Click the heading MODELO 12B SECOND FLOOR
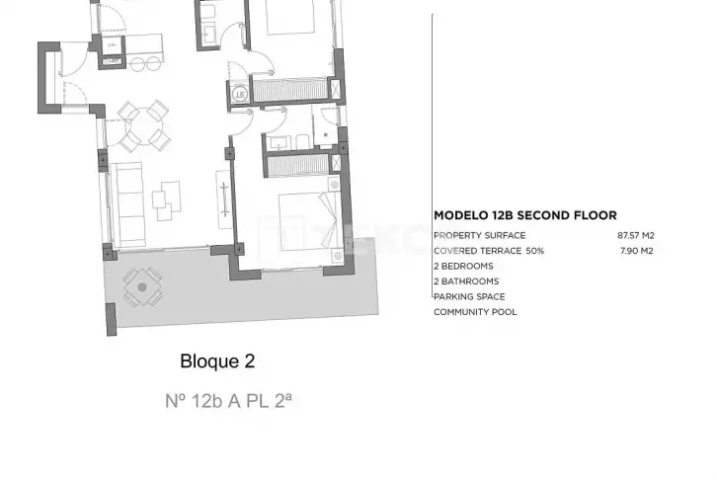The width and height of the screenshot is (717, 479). click(525, 215)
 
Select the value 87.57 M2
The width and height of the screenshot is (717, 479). click(636, 236)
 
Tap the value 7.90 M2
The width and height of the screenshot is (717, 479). click(637, 251)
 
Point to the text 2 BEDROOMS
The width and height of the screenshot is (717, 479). click(463, 267)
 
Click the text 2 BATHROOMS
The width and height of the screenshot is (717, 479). click(466, 281)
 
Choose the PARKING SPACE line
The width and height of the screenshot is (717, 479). click(469, 297)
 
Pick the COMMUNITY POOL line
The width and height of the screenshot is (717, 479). click(475, 312)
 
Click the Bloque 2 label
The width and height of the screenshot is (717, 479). click(217, 361)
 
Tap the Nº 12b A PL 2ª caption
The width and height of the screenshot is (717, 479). click(228, 401)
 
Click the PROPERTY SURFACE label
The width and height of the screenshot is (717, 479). click(480, 236)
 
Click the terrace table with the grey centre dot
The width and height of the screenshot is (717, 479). click(142, 286)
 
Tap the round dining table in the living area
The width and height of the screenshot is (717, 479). click(144, 125)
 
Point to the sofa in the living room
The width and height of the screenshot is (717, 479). click(127, 205)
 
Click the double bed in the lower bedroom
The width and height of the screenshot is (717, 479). click(310, 221)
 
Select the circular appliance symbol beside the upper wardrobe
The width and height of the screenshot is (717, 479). click(240, 94)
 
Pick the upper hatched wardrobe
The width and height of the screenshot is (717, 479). click(290, 90)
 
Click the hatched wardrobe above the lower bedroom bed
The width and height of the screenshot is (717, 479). click(297, 165)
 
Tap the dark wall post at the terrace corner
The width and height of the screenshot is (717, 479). click(112, 319)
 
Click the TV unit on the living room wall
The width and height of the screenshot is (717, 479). click(223, 200)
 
